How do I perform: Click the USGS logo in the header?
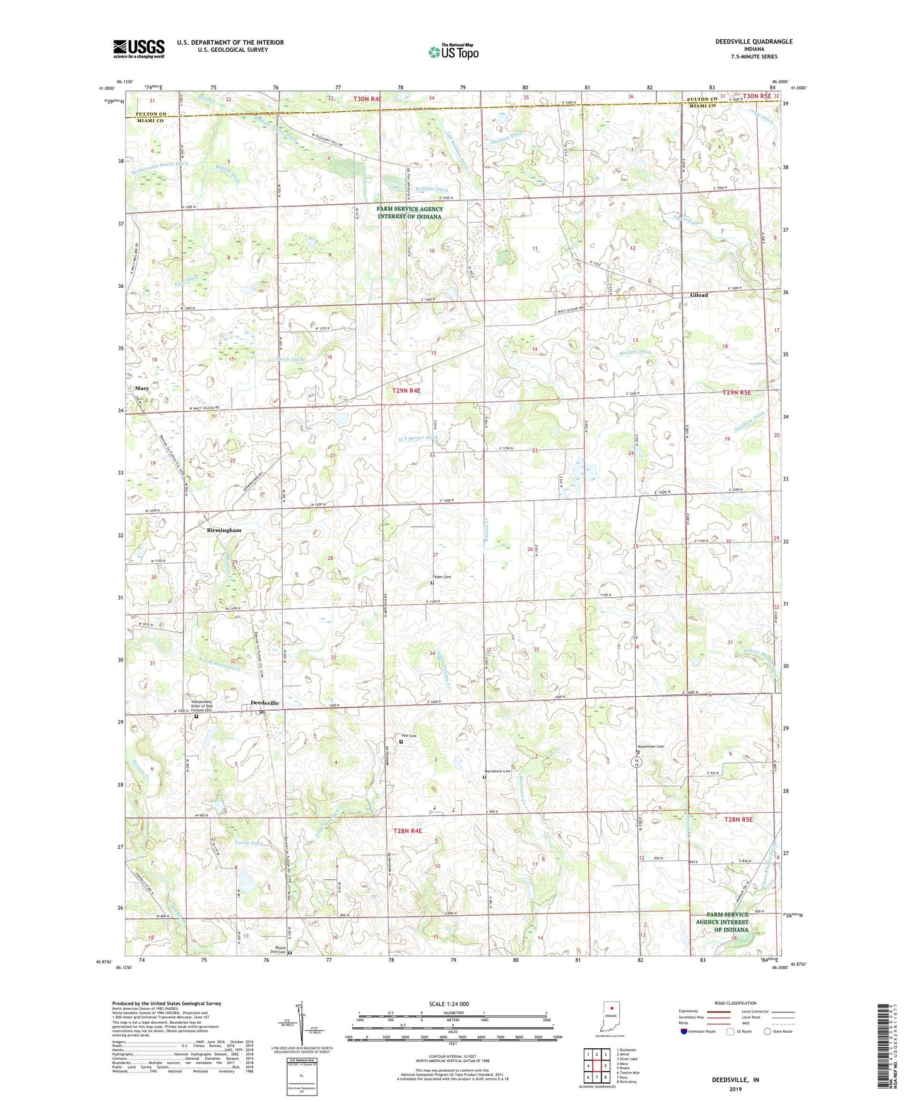[138, 48]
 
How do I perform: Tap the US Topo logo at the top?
[453, 52]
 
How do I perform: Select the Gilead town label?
[699, 295]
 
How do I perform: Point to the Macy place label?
[141, 388]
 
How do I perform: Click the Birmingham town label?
[223, 531]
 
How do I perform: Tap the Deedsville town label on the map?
[264, 703]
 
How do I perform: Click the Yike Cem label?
[409, 736]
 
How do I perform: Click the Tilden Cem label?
[441, 578]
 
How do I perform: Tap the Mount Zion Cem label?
[278, 949]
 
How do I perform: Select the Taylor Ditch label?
[290, 360]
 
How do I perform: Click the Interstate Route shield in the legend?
[685, 1031]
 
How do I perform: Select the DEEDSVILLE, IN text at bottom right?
[735, 1080]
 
